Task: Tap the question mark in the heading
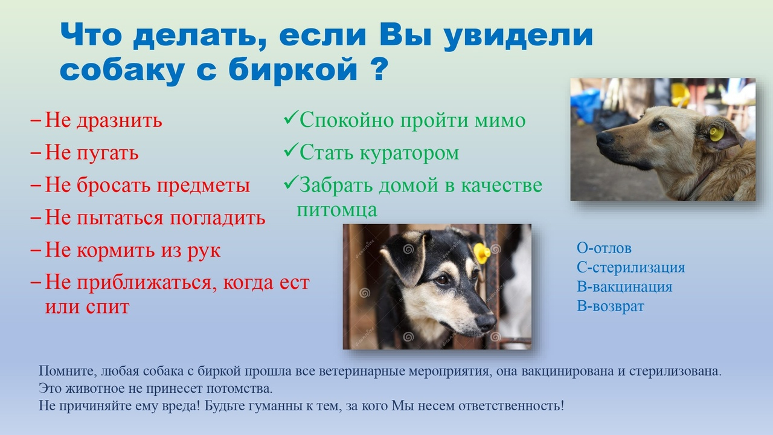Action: pyautogui.click(x=380, y=68)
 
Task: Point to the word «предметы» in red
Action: pyautogui.click(x=204, y=185)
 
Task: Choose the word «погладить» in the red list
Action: pyautogui.click(x=217, y=218)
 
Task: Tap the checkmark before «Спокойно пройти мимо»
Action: pyautogui.click(x=290, y=117)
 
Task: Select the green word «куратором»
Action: pyautogui.click(x=409, y=153)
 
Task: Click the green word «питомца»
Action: pyautogui.click(x=337, y=210)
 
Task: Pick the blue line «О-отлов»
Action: pyautogui.click(x=604, y=248)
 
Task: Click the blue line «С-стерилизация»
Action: pyautogui.click(x=631, y=267)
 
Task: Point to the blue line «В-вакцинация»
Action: pyautogui.click(x=624, y=286)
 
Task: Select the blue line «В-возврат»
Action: pyautogui.click(x=611, y=306)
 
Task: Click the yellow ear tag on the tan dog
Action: pyautogui.click(x=717, y=134)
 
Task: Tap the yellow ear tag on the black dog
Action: pyautogui.click(x=482, y=253)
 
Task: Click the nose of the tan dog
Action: pyautogui.click(x=605, y=138)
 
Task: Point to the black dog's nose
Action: pyautogui.click(x=486, y=323)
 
